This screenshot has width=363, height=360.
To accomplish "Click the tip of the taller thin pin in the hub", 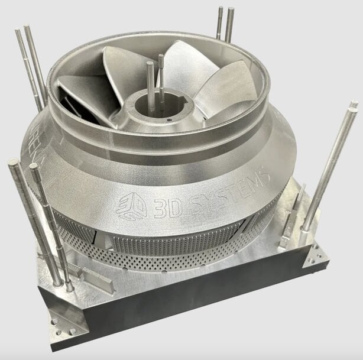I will tap(160, 57).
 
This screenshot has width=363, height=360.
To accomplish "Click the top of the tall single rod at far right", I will tap(354, 106).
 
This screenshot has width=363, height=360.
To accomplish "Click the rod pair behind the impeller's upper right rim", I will tap(225, 24).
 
